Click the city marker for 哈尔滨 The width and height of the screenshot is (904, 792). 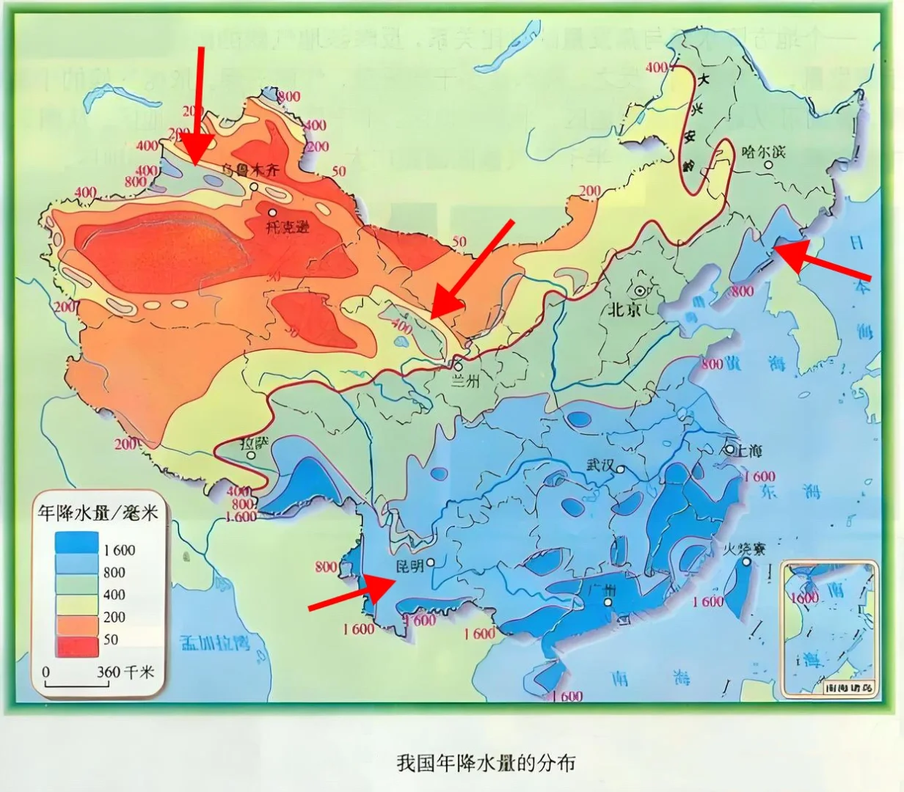[x=768, y=164]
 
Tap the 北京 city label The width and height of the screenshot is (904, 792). [x=624, y=309]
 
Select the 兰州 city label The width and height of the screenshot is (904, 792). [x=464, y=381]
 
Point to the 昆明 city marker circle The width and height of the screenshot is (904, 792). [x=431, y=563]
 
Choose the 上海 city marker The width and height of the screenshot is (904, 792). [x=729, y=448]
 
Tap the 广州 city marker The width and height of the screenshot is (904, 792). [x=608, y=602]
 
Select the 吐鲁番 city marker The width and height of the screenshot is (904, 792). [x=272, y=213]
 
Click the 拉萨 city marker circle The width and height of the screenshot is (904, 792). [x=252, y=455]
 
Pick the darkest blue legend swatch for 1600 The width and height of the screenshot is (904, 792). [x=76, y=543]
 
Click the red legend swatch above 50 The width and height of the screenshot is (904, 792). [x=76, y=646]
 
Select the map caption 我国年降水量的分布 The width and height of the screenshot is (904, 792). [x=486, y=763]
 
